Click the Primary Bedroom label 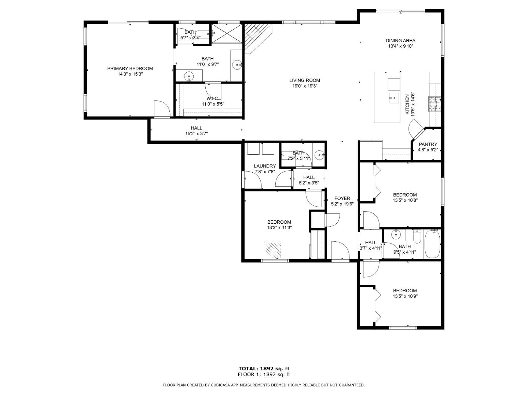pos(130,69)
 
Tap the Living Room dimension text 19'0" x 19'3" pos(304,86)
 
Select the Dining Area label pos(400,41)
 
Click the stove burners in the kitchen pos(434,104)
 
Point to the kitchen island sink pos(394,98)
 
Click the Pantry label pos(428,144)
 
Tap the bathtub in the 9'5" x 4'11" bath pos(432,244)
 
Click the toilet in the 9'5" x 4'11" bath pos(417,237)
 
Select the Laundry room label pos(265,166)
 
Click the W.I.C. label pos(213,98)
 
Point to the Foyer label pos(342,198)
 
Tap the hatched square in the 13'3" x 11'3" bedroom pos(274,250)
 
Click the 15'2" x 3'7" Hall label pos(196,128)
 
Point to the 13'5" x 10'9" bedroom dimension pos(405,296)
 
